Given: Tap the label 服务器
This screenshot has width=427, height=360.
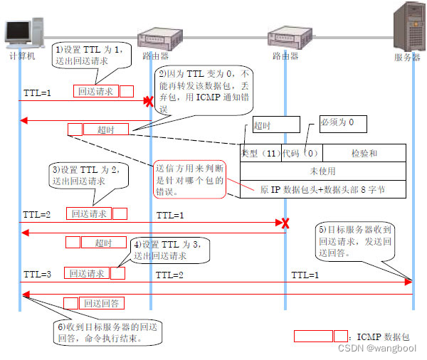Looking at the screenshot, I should (x=407, y=58).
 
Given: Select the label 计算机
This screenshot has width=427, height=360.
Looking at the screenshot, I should (x=22, y=55).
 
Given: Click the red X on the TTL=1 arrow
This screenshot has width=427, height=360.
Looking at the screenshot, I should (x=149, y=102).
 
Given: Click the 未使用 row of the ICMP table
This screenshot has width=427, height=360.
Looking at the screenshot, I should (x=322, y=171).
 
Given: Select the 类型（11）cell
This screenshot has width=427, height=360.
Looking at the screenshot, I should (x=260, y=153).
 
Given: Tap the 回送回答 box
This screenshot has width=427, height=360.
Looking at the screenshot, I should (x=103, y=303).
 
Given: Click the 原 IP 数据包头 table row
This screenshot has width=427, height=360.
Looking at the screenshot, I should (x=323, y=190).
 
